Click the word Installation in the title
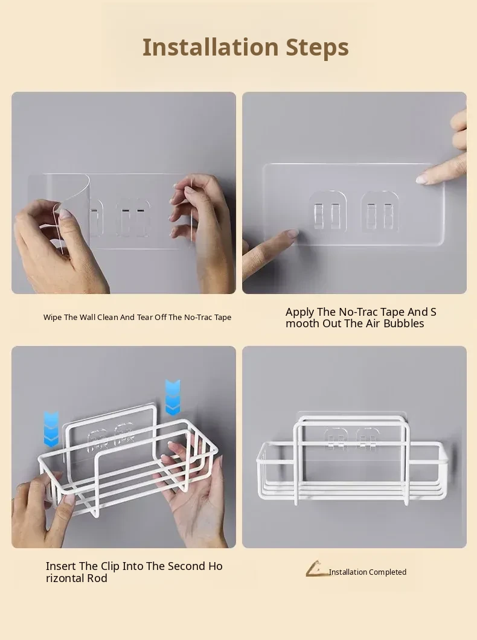point(210,47)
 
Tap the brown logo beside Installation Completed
point(317,569)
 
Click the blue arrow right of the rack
point(173,397)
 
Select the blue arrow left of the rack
point(51,429)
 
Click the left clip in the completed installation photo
point(336,439)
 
